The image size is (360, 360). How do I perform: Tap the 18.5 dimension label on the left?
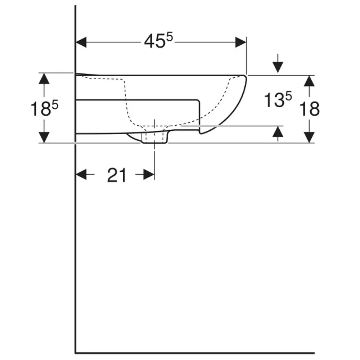tap(45, 108)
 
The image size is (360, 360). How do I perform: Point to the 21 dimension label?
tap(117, 175)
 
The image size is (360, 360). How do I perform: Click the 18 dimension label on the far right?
tap(310, 109)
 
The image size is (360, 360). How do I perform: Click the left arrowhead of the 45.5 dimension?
tap(81, 42)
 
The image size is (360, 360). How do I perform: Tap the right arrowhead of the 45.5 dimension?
tap(240, 42)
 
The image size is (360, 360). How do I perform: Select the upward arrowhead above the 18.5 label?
tap(44, 78)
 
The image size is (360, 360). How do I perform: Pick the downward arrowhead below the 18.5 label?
tap(44, 138)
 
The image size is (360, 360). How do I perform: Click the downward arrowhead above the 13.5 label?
tap(278, 67)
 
